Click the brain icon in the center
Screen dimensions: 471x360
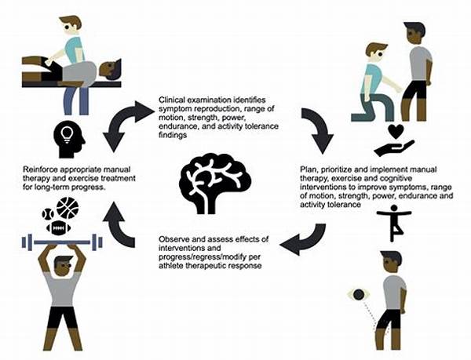click(x=215, y=184)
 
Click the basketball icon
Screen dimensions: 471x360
click(x=68, y=208)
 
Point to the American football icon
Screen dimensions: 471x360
click(x=58, y=228)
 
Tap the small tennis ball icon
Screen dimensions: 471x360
click(x=48, y=214)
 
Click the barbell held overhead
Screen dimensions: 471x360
click(x=62, y=242)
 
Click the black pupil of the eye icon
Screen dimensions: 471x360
click(x=359, y=295)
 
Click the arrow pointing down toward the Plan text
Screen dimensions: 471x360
click(x=319, y=129)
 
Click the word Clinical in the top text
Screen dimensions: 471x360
click(x=170, y=100)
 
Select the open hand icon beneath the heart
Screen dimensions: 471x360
click(x=394, y=148)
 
